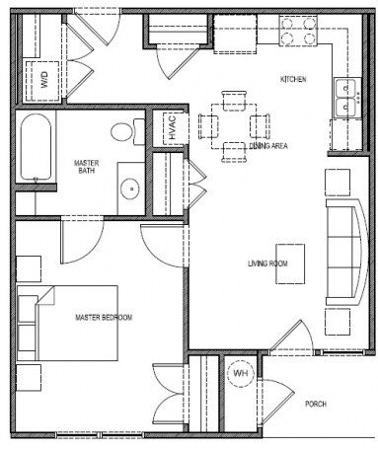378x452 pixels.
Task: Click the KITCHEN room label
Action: [293, 79]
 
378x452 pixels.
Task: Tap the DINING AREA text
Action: [268, 146]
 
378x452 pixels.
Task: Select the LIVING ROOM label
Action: [267, 264]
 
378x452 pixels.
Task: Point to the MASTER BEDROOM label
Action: [104, 318]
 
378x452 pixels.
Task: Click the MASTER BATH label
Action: [86, 167]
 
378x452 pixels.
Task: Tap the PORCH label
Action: [316, 404]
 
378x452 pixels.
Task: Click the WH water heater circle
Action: [241, 374]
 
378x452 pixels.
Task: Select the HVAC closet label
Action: [172, 127]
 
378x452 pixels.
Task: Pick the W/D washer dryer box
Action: [42, 81]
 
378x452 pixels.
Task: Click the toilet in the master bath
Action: [127, 132]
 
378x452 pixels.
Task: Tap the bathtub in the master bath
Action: [37, 147]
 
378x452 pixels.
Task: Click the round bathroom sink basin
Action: [130, 189]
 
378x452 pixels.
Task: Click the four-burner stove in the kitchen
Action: [298, 31]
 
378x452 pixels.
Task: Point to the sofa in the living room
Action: [346, 252]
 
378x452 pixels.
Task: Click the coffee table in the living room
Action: [290, 264]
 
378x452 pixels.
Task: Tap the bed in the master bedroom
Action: [67, 323]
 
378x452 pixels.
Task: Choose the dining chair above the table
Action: [234, 101]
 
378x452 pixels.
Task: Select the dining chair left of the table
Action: [208, 126]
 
